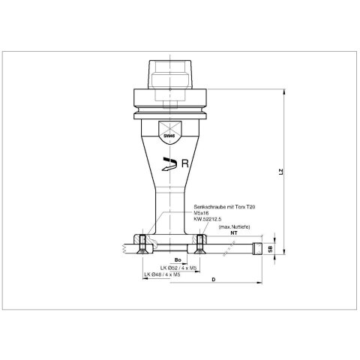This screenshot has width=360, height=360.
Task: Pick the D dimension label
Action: (x=213, y=280)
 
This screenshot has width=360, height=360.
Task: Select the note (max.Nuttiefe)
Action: (x=232, y=226)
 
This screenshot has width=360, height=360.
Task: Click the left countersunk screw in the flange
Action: (x=142, y=243)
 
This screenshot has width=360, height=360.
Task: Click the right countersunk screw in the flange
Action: (x=199, y=243)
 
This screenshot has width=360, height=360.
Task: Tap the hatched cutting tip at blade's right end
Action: (x=257, y=247)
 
